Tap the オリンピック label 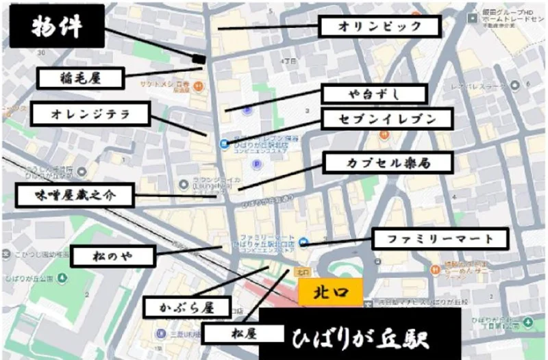click(379, 27)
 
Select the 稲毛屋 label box click(81, 78)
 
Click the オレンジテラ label click(90, 114)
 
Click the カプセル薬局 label click(388, 163)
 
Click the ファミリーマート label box click(440, 240)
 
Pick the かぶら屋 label click(187, 307)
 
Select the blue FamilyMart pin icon click(303, 242)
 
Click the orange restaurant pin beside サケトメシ click(197, 86)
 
